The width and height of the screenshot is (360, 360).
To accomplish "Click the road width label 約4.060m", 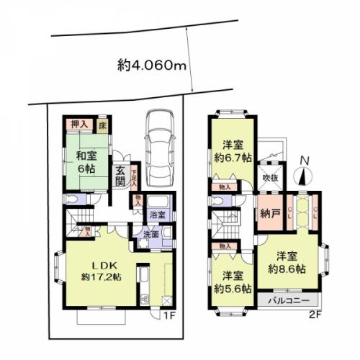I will [152, 66].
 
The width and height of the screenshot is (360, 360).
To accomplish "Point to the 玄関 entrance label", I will [121, 176].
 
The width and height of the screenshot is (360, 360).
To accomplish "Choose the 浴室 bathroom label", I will [157, 214].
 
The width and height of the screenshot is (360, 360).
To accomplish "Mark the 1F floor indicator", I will [170, 315].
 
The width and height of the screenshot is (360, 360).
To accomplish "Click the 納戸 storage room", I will [269, 214].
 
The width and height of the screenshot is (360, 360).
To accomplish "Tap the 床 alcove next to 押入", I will [104, 123].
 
